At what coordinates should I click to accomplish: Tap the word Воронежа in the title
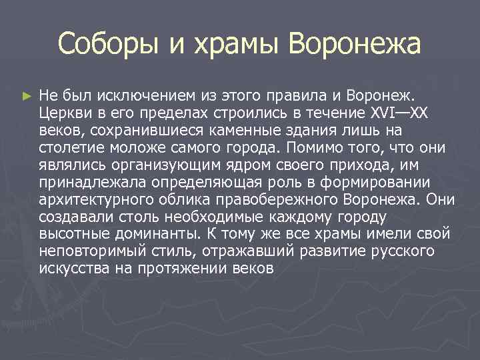(x=355, y=45)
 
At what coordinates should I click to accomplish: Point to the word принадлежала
(x=83, y=181)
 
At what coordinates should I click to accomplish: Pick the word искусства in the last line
(x=70, y=269)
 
